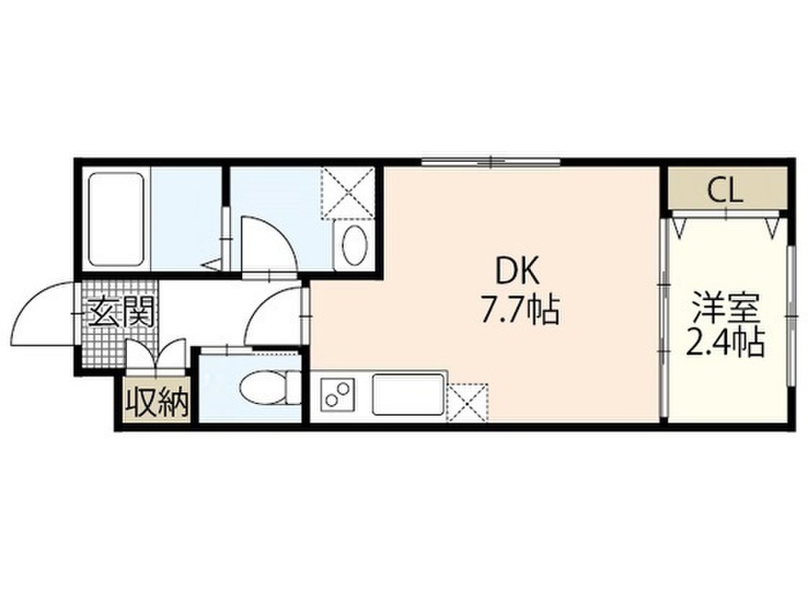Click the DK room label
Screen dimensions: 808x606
click(x=517, y=271)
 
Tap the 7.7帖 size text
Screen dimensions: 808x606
click(x=520, y=311)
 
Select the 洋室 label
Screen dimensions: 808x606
click(x=725, y=307)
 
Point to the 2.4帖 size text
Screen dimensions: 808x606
click(x=724, y=342)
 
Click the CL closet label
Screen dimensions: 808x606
click(x=725, y=191)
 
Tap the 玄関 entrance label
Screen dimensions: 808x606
click(x=122, y=312)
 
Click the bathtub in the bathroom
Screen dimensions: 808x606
click(x=116, y=219)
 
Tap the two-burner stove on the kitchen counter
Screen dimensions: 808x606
click(x=338, y=394)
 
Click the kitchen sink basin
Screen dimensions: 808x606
click(x=408, y=395)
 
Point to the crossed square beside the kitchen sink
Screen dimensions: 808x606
click(x=467, y=402)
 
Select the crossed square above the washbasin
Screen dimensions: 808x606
click(x=348, y=193)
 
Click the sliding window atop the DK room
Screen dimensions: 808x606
click(x=491, y=162)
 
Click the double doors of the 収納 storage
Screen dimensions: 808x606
click(x=156, y=356)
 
